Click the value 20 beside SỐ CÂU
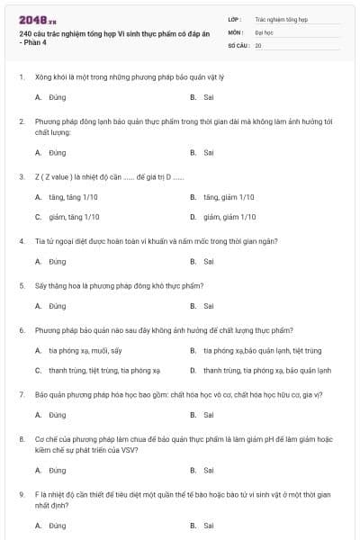(258, 44)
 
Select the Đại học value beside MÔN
(262, 31)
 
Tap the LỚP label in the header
(235, 18)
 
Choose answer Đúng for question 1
(58, 97)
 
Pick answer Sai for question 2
(209, 153)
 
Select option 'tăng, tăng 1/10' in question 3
(73, 196)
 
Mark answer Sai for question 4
(209, 262)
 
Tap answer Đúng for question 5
(58, 306)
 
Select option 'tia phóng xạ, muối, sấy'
(84, 350)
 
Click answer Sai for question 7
(209, 415)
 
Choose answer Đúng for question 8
(58, 470)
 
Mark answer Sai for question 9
(209, 525)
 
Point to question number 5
(21, 285)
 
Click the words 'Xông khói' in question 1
(50, 77)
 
